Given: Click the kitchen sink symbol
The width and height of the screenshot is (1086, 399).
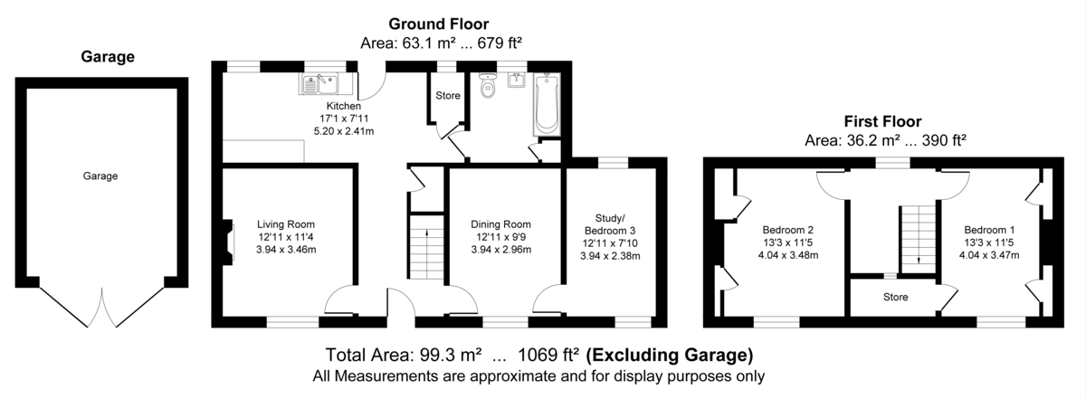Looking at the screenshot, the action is coord(320,83).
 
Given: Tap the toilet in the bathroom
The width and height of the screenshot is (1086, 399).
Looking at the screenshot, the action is coord(487,85).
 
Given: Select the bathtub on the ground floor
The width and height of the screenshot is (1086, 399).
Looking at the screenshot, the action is coord(547,104).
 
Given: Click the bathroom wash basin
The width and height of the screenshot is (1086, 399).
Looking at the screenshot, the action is coord(517,80).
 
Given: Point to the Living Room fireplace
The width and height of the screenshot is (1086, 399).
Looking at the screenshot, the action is coord(228,242).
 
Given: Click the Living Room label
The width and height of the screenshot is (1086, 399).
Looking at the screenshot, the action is coord(286,224).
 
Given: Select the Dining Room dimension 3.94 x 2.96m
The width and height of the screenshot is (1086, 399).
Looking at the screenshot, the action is coord(500,250).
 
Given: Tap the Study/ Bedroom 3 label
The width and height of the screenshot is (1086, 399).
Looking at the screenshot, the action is coord(610,224).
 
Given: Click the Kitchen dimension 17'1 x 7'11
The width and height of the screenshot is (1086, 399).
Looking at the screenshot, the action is coord(344,119).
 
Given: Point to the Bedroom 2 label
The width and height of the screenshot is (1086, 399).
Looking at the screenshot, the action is coord(788,230).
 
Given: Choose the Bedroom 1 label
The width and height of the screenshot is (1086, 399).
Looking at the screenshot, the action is coord(989,230).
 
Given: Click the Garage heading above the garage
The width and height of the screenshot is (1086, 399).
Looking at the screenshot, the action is coord(108,57).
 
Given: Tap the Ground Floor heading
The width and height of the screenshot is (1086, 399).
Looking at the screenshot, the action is coord(439,24).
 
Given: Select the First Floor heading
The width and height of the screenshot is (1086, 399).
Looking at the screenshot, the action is coord(883,121).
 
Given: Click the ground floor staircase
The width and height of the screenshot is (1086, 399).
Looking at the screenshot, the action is coord(426,247).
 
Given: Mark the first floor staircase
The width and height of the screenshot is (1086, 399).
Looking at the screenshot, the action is coord(919,240).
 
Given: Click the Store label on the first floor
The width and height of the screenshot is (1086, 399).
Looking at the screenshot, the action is coord(895,297).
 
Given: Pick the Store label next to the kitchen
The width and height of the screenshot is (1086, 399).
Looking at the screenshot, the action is coord(447,96).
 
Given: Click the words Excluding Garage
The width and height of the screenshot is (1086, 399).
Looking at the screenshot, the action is coord(670,356).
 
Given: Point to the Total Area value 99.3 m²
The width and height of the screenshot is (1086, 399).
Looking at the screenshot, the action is coord(451,355).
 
